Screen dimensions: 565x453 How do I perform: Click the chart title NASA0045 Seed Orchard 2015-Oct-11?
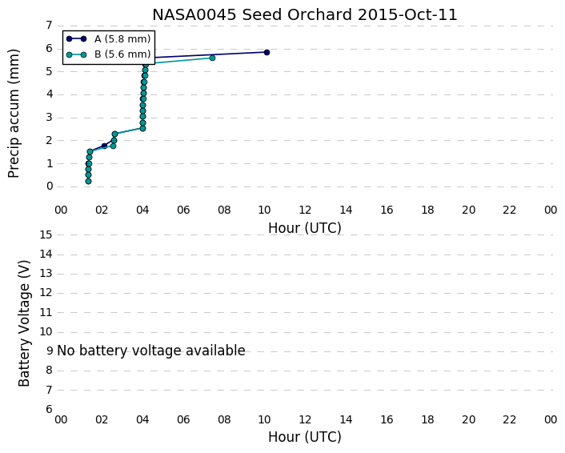[304, 14]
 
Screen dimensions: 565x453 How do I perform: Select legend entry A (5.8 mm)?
[109, 39]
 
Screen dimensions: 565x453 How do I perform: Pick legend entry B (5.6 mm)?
[109, 54]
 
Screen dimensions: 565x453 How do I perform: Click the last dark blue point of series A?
[266, 53]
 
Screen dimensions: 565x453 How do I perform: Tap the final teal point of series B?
[212, 58]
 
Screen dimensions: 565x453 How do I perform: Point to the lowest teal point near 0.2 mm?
[88, 181]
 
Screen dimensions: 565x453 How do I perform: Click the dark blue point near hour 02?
[105, 146]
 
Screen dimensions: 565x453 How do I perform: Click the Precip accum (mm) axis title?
[14, 113]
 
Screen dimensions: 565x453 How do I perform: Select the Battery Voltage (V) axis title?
[24, 323]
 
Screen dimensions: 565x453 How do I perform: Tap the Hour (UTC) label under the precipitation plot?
[304, 228]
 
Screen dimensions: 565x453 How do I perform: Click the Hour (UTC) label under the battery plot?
[304, 437]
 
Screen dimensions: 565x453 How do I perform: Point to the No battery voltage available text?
[151, 351]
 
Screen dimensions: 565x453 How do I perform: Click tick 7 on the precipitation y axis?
[50, 26]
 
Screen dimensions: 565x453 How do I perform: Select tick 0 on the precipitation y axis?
[50, 186]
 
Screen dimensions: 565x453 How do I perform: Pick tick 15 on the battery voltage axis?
[46, 235]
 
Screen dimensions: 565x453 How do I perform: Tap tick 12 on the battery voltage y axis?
[46, 293]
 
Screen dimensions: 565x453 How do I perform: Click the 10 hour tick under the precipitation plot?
[264, 210]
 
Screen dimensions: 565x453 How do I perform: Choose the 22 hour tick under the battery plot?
[509, 420]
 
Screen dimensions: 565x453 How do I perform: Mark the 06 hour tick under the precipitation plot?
[183, 210]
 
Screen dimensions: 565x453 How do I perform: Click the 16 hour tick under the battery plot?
[387, 420]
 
